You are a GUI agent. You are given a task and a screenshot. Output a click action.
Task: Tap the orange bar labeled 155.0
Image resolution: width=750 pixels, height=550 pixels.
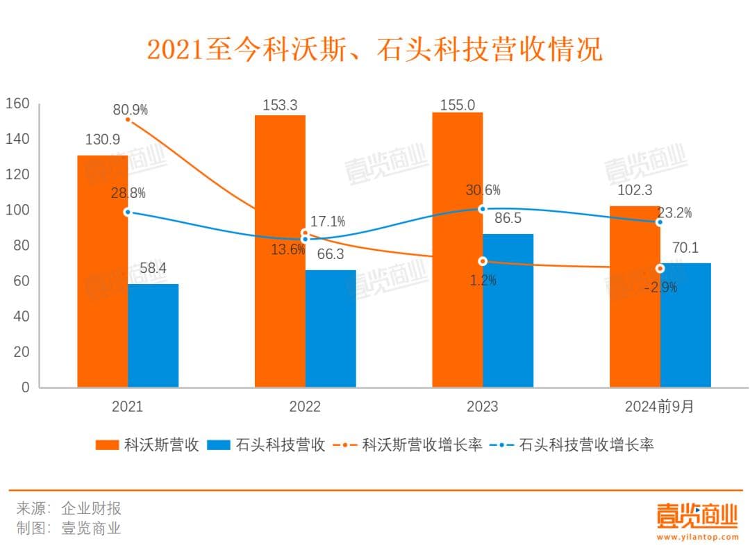[457, 250]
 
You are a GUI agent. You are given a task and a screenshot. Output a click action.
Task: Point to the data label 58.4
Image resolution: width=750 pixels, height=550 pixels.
[153, 267]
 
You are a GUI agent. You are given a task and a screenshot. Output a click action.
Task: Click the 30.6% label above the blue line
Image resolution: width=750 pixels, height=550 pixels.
[483, 190]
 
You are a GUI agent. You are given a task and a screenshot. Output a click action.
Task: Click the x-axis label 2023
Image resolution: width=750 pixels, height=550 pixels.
[483, 406]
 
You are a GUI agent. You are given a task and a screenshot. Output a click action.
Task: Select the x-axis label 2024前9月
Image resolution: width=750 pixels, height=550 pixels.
[659, 406]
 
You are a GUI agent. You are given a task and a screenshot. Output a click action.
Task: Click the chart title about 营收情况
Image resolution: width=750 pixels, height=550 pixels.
[375, 50]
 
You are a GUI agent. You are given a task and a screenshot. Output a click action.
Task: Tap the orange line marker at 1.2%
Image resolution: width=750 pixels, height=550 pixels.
[483, 261]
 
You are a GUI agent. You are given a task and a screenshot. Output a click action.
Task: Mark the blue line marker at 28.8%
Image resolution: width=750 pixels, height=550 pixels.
[127, 212]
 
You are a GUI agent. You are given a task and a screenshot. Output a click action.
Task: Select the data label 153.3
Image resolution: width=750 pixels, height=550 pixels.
[280, 106]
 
